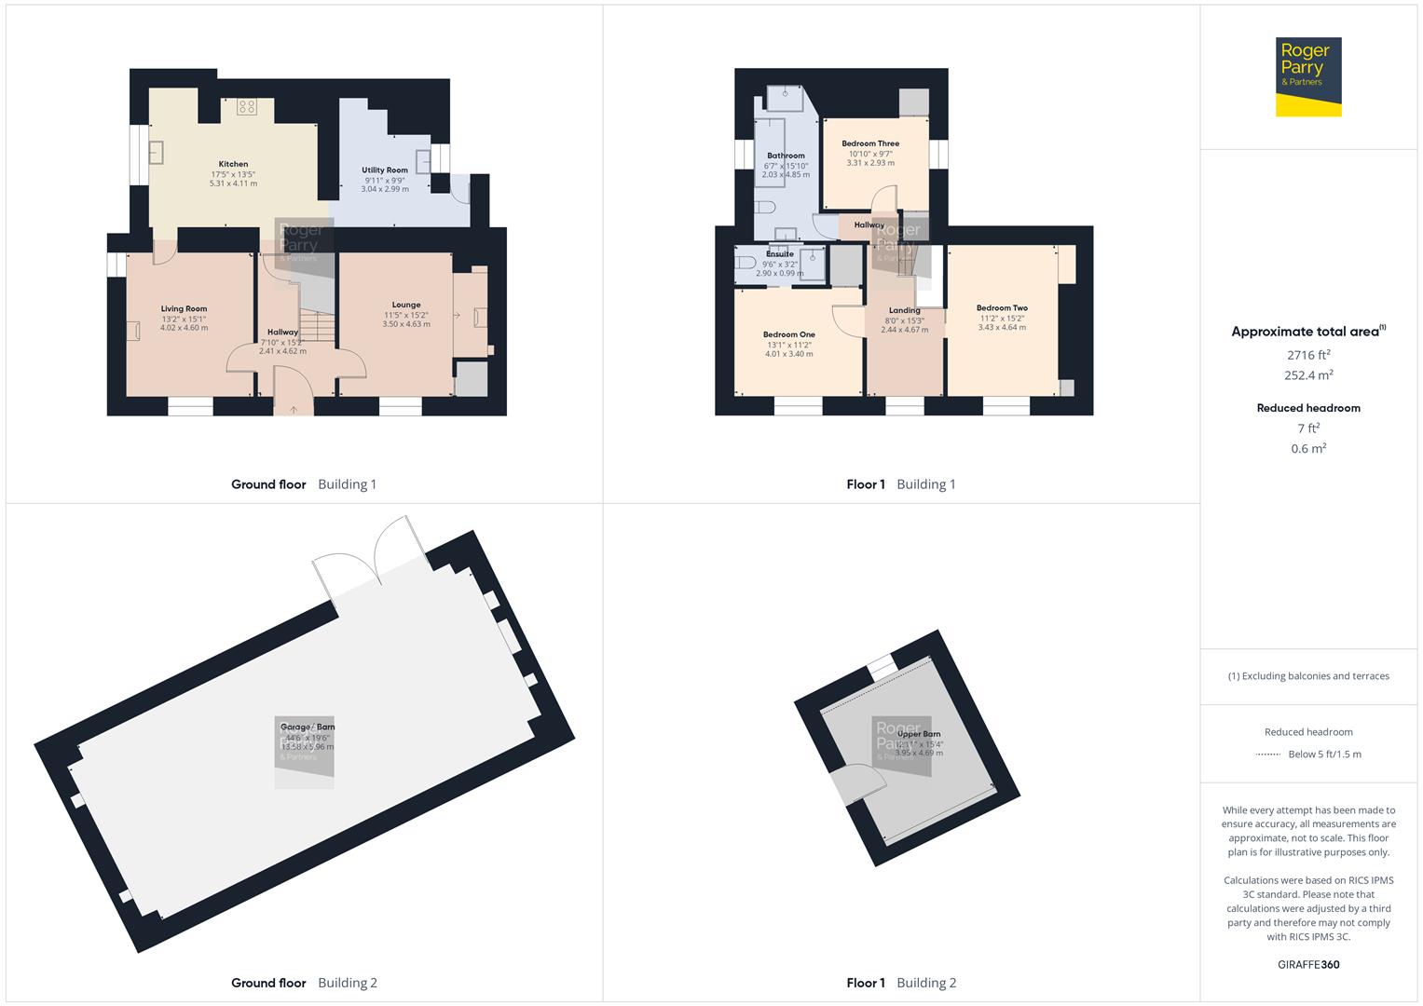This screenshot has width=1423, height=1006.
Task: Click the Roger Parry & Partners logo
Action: click(x=1307, y=76)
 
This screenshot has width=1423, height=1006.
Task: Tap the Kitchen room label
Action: click(x=233, y=164)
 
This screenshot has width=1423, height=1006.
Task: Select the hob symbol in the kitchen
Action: click(x=247, y=107)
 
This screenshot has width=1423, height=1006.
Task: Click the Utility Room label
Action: click(x=385, y=170)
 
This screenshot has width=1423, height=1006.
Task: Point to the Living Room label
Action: click(x=184, y=309)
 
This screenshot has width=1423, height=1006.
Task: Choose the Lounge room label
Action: click(x=406, y=305)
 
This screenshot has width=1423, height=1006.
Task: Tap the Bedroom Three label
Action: click(x=870, y=144)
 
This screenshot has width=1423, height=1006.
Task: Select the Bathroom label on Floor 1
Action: click(x=786, y=156)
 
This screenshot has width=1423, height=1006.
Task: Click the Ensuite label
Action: click(x=780, y=254)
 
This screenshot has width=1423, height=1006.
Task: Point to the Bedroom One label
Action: click(x=788, y=334)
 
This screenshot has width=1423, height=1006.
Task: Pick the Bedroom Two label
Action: click(x=1002, y=308)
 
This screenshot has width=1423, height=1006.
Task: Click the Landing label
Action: click(x=904, y=310)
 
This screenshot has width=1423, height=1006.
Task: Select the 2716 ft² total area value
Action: click(x=1307, y=355)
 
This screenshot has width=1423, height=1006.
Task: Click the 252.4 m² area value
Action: click(x=1307, y=375)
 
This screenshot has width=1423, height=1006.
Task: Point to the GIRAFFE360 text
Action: click(x=1307, y=964)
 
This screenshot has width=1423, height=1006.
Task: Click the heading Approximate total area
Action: click(x=1305, y=332)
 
